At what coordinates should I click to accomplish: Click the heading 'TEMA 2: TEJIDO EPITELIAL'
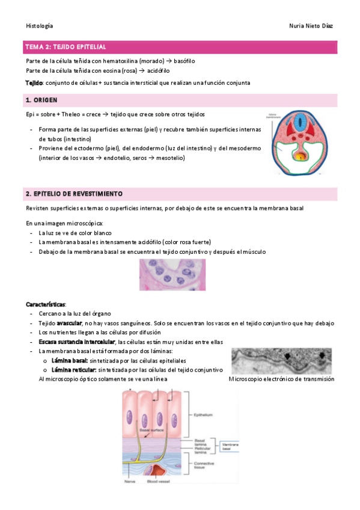[66, 46]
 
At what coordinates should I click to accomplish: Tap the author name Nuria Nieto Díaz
[311, 26]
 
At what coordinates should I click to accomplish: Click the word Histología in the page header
[40, 26]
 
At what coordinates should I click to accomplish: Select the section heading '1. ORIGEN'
[41, 100]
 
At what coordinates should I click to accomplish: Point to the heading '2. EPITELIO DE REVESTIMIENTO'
[74, 194]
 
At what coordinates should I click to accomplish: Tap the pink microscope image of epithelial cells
[179, 274]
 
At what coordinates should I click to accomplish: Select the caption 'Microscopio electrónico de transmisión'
[282, 379]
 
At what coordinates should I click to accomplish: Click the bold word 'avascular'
[69, 323]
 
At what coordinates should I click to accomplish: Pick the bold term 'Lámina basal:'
[70, 360]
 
